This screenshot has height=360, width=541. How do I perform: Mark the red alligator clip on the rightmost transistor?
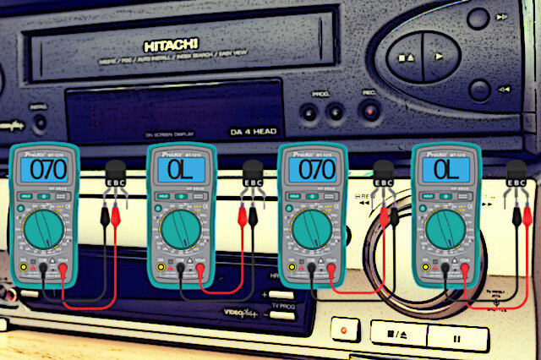pos(516,215)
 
